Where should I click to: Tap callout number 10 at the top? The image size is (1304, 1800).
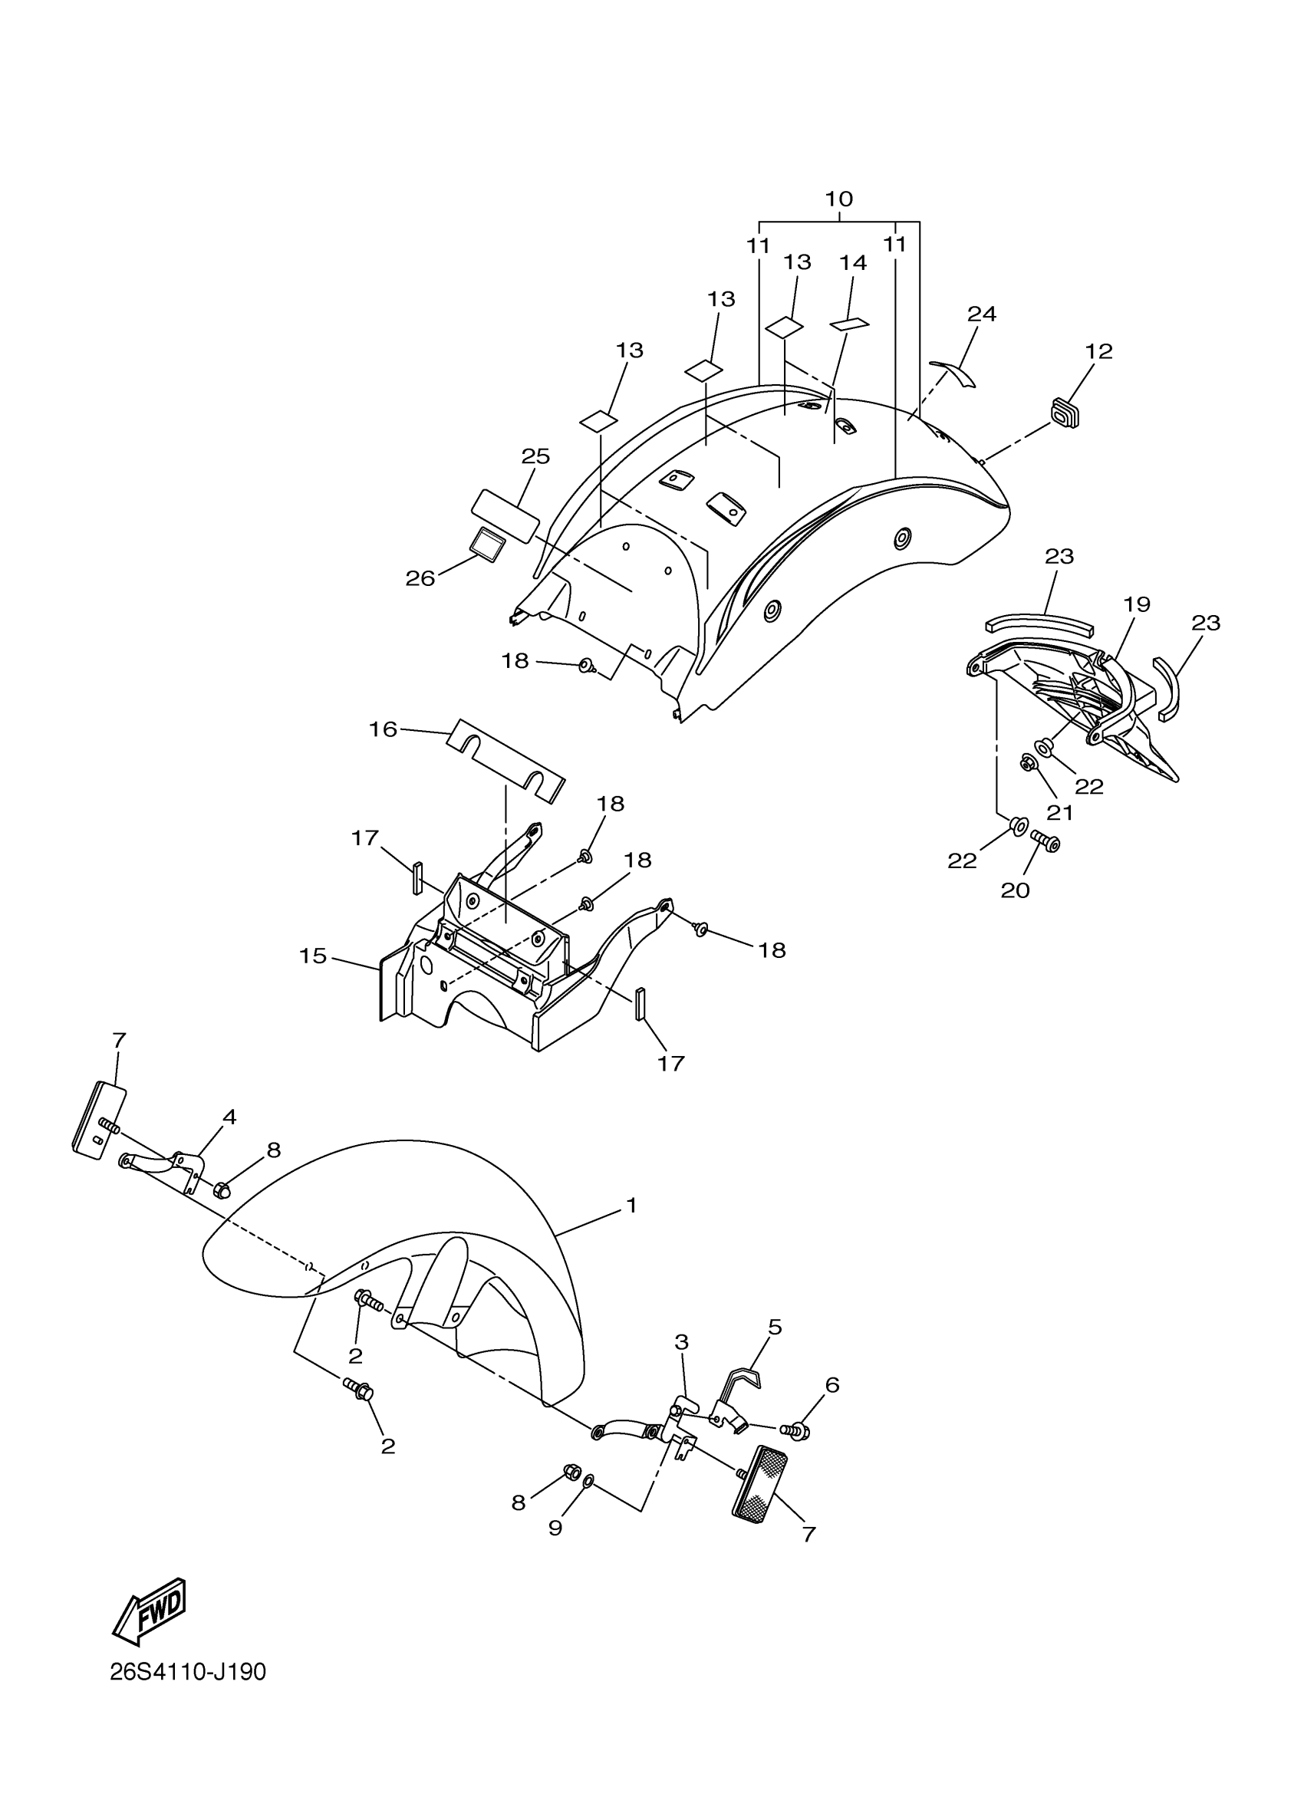839,199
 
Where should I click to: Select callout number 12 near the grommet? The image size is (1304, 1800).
1099,350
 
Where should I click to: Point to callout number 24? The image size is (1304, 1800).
982,314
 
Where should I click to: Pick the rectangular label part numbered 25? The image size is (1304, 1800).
505,515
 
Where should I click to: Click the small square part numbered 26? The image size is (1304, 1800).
486,545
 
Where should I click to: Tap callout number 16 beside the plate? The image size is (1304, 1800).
383,729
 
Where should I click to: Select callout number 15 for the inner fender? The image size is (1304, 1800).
314,956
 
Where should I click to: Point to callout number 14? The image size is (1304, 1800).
853,263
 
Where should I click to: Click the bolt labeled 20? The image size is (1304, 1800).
1046,843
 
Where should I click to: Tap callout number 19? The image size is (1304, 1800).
1137,604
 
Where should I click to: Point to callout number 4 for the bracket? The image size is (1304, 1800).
229,1117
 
